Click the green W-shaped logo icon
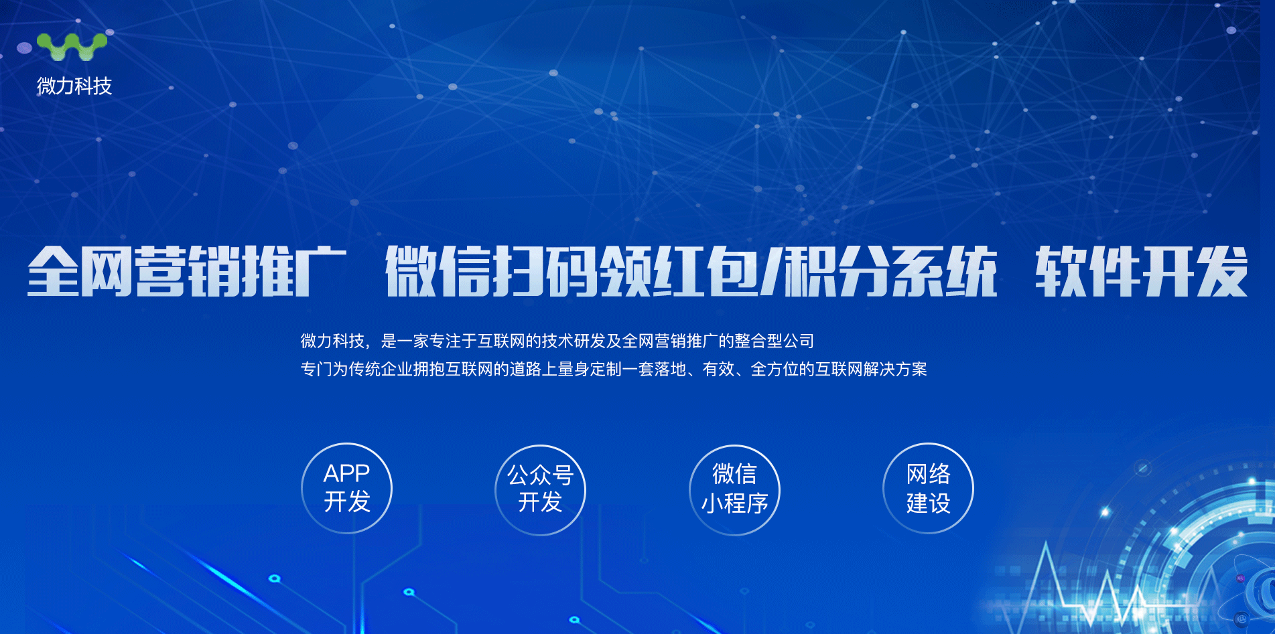click(x=72, y=47)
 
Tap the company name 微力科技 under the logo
click(x=74, y=86)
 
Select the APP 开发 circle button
click(x=346, y=488)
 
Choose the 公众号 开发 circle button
click(x=540, y=489)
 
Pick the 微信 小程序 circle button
click(x=734, y=489)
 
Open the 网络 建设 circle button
click(x=928, y=488)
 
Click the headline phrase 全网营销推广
click(x=187, y=270)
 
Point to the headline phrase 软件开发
click(x=1142, y=270)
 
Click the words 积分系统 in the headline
click(x=891, y=270)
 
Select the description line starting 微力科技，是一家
click(x=557, y=341)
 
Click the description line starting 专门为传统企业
click(x=614, y=369)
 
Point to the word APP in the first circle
click(x=346, y=473)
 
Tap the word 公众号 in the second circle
click(x=540, y=475)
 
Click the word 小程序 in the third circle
click(x=734, y=503)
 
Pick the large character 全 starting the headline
click(x=54, y=270)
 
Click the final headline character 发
click(x=1222, y=270)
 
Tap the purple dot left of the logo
click(x=24, y=48)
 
